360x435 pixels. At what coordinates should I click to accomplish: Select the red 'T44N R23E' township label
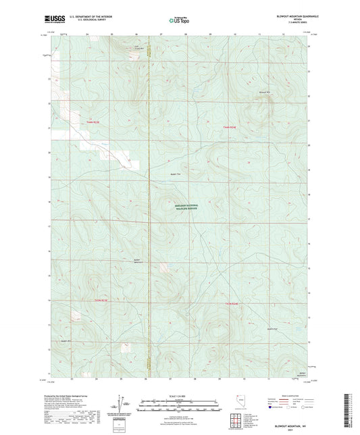93,122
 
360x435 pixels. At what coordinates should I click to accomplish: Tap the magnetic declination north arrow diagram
120,405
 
